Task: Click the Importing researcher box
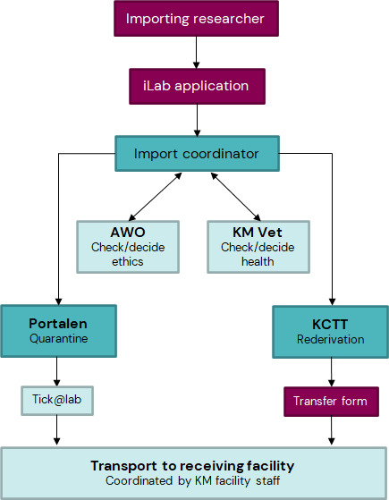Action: click(196, 19)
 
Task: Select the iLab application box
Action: click(196, 87)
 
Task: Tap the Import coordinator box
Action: click(196, 153)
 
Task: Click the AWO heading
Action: click(127, 233)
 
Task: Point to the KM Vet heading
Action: click(258, 233)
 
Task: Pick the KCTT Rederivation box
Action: click(333, 331)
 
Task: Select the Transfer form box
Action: click(332, 400)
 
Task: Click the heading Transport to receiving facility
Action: click(192, 466)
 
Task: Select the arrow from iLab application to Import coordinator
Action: click(196, 120)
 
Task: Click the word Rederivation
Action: click(333, 339)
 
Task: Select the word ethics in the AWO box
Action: click(127, 261)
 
